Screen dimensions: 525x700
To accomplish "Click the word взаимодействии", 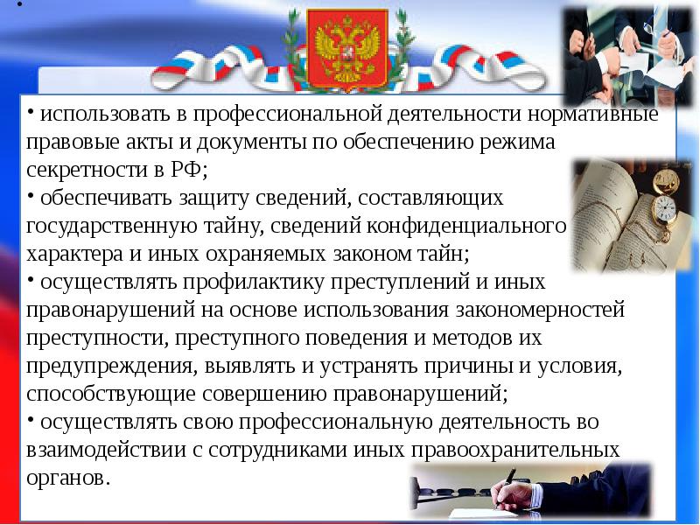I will coord(113,450).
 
